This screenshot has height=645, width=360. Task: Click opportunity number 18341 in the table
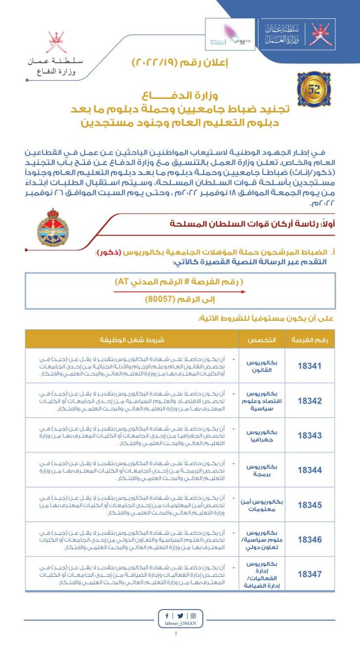[x=310, y=366]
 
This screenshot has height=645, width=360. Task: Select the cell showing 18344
[x=310, y=470]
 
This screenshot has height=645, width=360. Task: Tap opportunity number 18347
[x=310, y=574]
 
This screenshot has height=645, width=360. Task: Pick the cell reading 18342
[x=310, y=401]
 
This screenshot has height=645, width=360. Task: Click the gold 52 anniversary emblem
[x=314, y=89]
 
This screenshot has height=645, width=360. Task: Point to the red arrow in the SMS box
[x=180, y=292]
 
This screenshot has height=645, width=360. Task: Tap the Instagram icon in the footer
[x=193, y=616]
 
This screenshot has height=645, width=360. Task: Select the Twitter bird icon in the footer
[x=180, y=616]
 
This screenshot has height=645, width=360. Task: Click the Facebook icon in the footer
[x=167, y=616]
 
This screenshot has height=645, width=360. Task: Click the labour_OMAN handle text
[x=180, y=624]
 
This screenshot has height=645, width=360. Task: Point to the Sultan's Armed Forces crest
[x=53, y=228]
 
